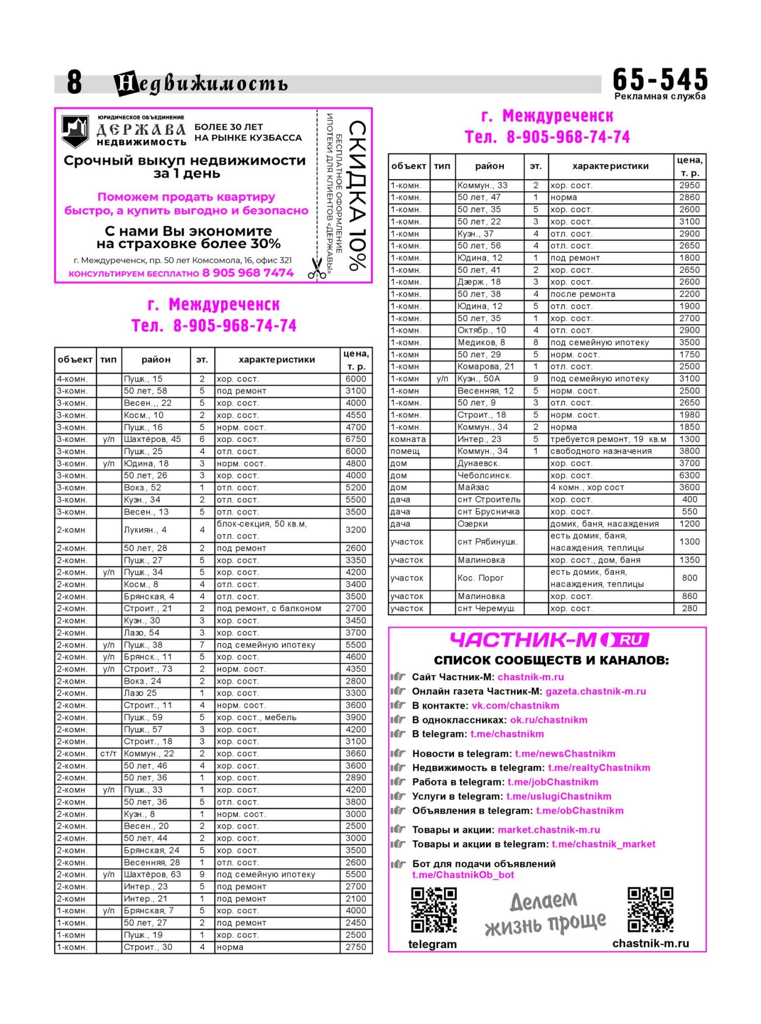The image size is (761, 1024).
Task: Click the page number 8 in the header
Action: [x=74, y=82]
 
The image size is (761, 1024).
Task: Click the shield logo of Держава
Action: [x=75, y=131]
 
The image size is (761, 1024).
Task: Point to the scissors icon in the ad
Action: [x=317, y=268]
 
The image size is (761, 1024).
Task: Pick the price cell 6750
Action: [x=356, y=439]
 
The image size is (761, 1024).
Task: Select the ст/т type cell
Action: [x=108, y=753]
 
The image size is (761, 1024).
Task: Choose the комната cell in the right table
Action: [x=409, y=439]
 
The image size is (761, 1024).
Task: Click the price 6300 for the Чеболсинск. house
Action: [x=689, y=475]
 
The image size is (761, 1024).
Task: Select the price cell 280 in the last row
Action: [x=689, y=608]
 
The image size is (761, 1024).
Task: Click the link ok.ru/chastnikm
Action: [x=548, y=720]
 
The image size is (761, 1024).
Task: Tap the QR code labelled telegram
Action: [x=433, y=909]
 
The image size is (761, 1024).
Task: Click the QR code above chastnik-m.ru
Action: [x=650, y=909]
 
